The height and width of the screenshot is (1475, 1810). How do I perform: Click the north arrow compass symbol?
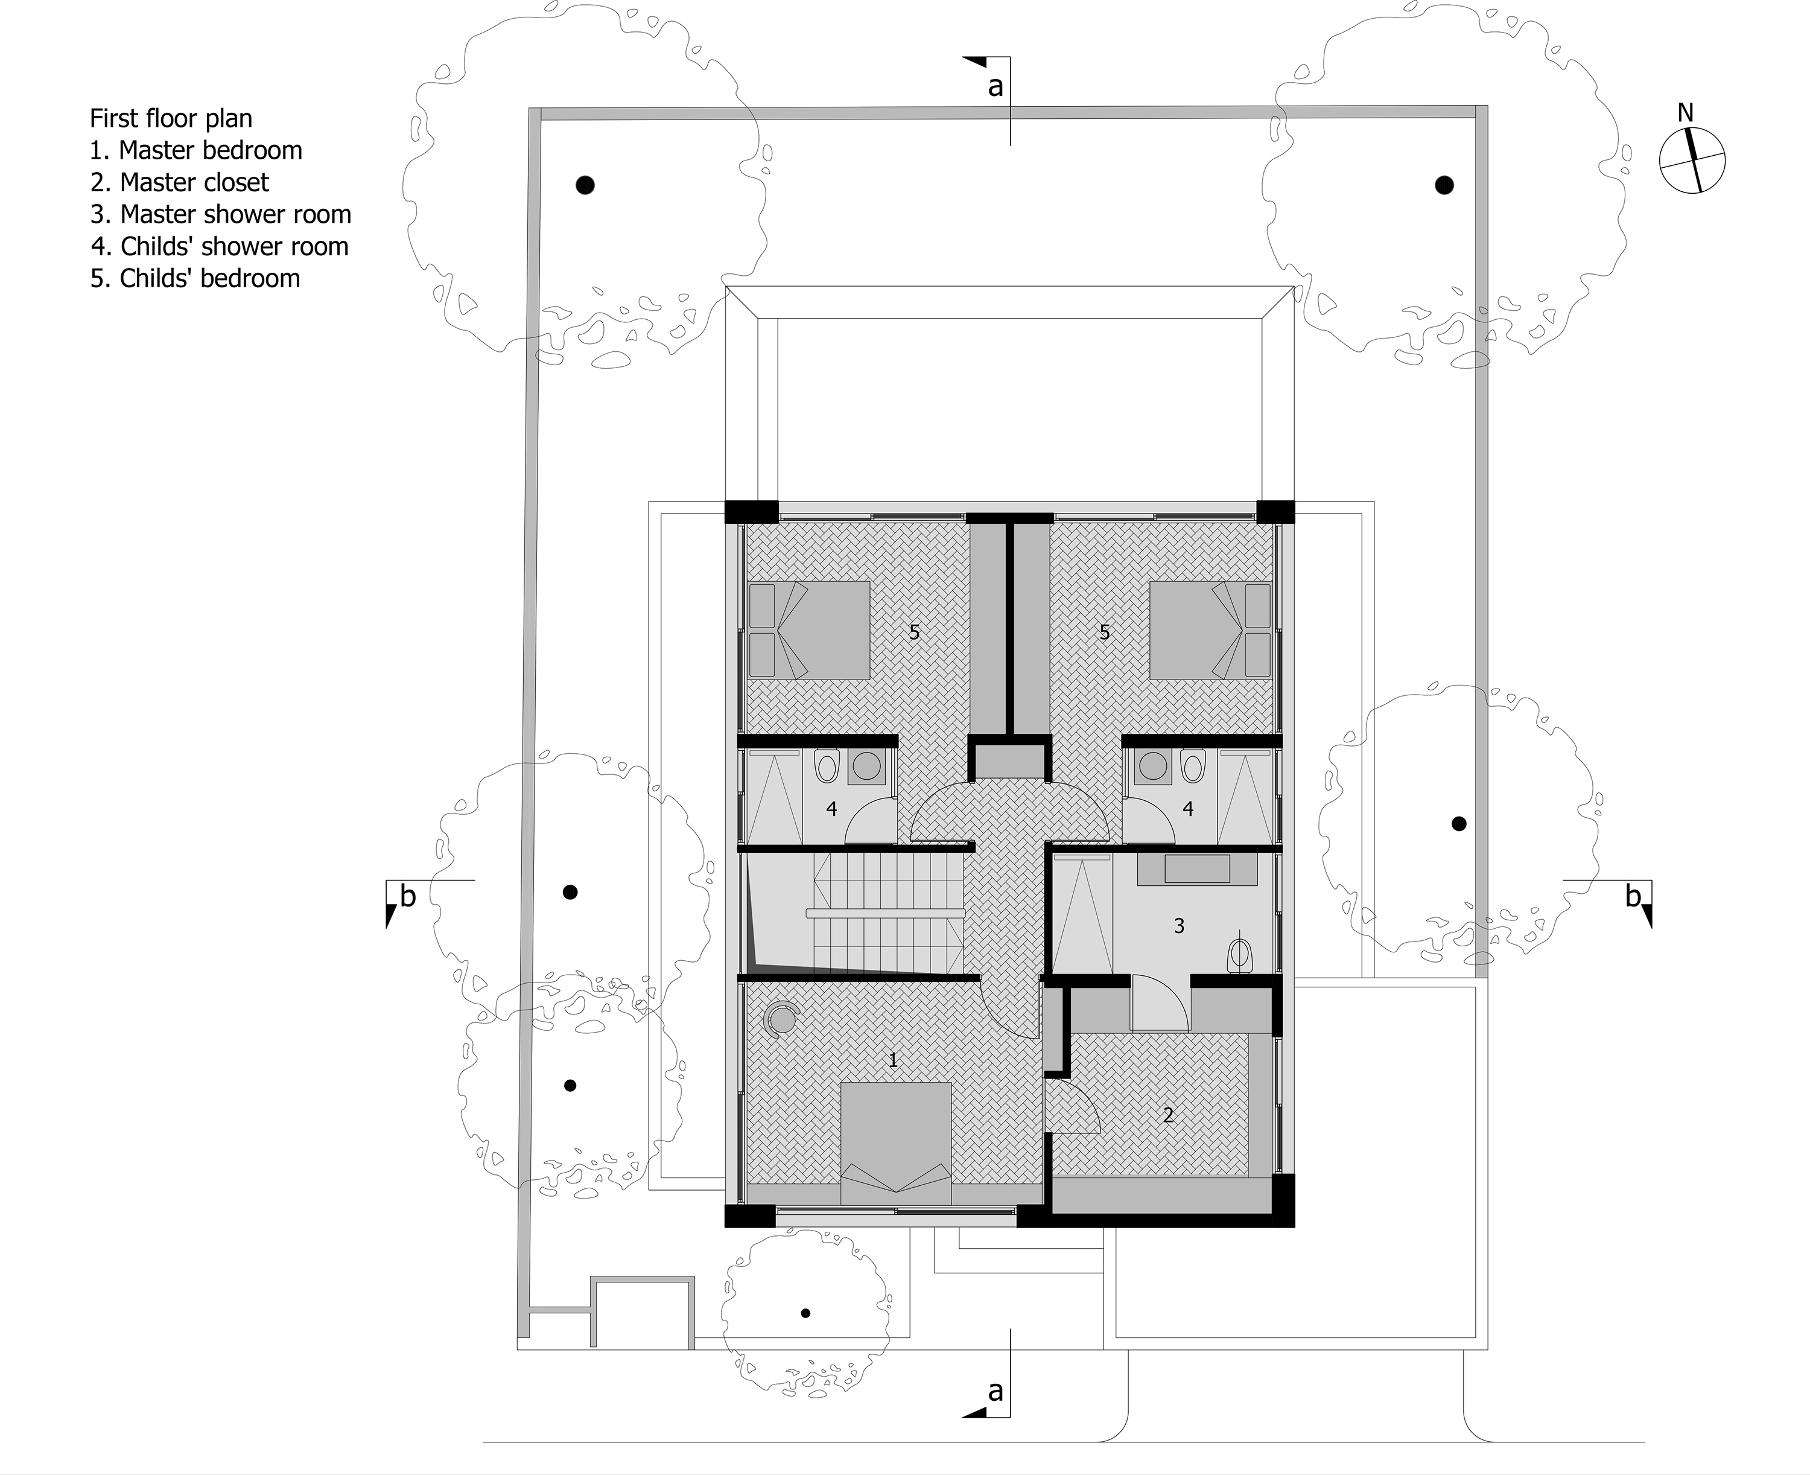tap(1692, 160)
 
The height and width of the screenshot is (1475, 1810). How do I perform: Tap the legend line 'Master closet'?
tap(179, 183)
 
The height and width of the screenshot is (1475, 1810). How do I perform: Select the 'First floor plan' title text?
tap(171, 118)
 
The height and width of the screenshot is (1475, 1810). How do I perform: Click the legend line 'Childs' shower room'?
tap(219, 246)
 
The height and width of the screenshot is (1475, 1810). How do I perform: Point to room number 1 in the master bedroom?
tap(893, 1060)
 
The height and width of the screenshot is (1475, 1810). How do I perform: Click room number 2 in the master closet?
tap(1169, 1115)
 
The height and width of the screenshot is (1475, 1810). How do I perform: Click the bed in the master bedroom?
tap(896, 1143)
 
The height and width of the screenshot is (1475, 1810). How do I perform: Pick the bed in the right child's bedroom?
tap(1210, 629)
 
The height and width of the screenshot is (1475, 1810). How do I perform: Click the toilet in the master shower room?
tap(1241, 955)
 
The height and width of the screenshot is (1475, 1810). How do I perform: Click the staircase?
tap(888, 913)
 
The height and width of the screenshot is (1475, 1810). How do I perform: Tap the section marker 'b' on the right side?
tap(1633, 896)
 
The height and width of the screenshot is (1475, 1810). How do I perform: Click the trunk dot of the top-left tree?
tap(585, 185)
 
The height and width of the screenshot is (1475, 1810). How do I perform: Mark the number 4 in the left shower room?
tap(831, 809)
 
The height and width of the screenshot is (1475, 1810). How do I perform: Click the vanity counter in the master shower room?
tap(1198, 869)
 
